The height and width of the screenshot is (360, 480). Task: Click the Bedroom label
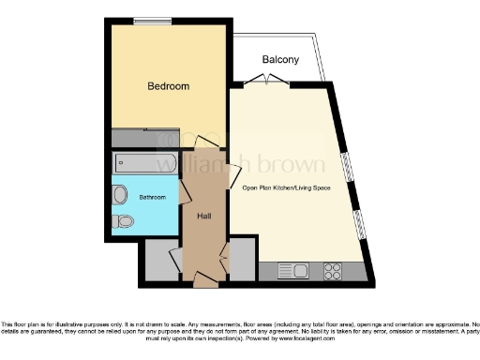[169, 86]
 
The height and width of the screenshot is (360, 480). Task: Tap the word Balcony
[280, 60]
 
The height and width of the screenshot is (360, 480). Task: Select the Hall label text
[203, 217]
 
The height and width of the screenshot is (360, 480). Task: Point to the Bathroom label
[153, 198]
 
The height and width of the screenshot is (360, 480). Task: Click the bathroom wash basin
[120, 195]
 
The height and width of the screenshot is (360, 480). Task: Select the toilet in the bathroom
[121, 222]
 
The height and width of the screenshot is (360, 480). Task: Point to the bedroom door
[207, 142]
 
